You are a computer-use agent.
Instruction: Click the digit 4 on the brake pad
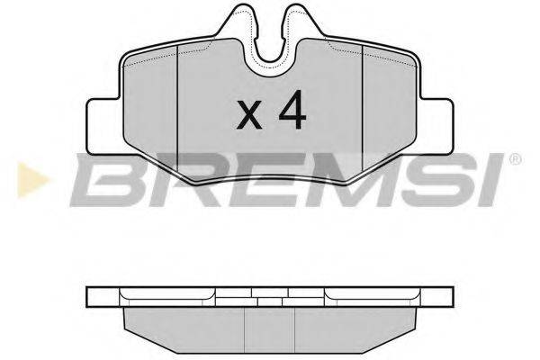tap(292, 110)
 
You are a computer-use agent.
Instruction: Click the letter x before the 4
tap(249, 114)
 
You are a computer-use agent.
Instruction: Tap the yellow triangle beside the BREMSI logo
tap(32, 180)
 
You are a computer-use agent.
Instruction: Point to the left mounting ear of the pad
tap(104, 126)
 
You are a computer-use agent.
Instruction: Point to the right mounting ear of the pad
tap(436, 126)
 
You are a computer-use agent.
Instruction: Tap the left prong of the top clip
tap(241, 21)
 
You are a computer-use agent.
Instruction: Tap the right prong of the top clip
tap(301, 21)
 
